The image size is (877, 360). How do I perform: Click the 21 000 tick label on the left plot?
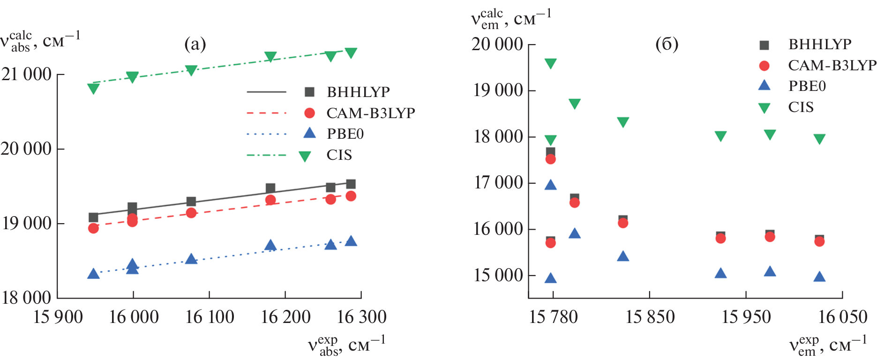click(x=26, y=75)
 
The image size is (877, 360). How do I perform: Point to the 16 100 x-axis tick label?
click(x=210, y=317)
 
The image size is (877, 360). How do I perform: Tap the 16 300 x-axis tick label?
click(x=361, y=317)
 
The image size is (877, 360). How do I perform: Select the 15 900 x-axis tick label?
click(x=58, y=317)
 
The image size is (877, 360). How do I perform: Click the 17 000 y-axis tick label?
click(x=498, y=183)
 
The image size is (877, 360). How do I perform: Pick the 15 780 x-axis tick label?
click(x=553, y=317)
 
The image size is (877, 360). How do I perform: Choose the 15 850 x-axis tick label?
click(x=650, y=317)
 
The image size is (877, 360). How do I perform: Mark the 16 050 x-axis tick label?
click(x=842, y=317)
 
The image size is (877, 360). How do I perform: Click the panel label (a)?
click(x=195, y=44)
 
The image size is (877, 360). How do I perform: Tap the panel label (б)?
click(x=667, y=44)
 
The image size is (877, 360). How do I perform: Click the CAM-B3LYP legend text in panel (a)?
click(x=370, y=113)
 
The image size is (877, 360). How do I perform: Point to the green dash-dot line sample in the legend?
click(x=266, y=155)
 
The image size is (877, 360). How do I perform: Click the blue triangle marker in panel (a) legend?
click(x=309, y=134)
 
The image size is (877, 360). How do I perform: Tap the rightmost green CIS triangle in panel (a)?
click(x=351, y=52)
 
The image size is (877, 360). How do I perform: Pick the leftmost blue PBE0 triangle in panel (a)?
click(x=93, y=274)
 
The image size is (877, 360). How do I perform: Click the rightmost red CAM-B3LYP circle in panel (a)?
click(x=351, y=196)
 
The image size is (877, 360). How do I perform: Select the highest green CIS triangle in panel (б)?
click(x=551, y=63)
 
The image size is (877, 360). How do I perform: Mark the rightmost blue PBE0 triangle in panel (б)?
click(x=819, y=277)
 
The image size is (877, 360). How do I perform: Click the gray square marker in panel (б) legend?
click(x=764, y=45)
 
